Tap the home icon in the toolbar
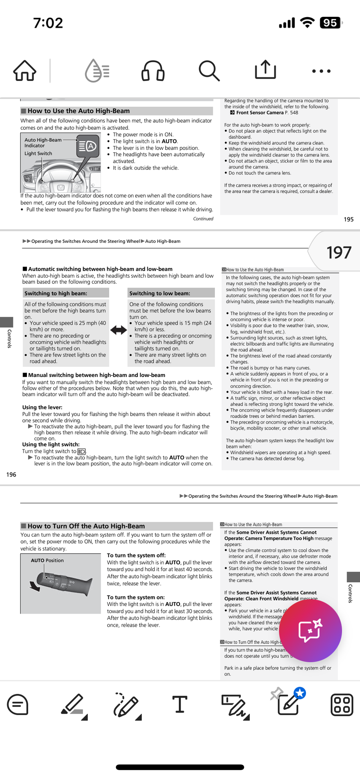coord(25,71)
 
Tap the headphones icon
coord(153,71)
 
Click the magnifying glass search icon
coord(209,71)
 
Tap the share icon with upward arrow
coord(265,70)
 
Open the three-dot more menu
coord(321,71)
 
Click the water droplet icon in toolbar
coord(97,71)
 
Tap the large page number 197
coord(339,253)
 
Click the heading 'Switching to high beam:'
coord(56,293)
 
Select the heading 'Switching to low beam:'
coord(160,293)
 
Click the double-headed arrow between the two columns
coord(119,330)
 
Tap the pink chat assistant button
coord(310,631)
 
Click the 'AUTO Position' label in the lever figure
coord(47,560)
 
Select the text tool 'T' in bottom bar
coord(180,704)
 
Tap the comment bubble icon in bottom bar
coord(18,705)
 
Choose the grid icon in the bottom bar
coord(342,705)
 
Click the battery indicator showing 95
coord(330,23)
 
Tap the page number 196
coord(11,475)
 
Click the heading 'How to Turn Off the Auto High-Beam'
coord(86,526)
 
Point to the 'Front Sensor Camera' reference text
coord(260,113)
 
